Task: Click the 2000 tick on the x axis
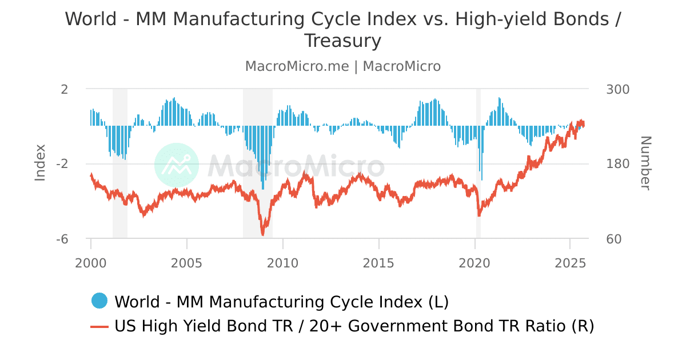click(91, 263)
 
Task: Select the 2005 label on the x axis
click(187, 263)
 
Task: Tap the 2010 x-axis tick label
click(283, 263)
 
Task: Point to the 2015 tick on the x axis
click(379, 263)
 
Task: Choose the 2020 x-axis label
click(475, 263)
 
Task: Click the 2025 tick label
click(571, 263)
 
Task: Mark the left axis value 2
click(64, 89)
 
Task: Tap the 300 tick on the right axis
click(617, 89)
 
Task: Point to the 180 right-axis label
click(617, 164)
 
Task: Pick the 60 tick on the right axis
click(613, 239)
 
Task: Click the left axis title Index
click(40, 163)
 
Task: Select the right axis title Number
click(645, 163)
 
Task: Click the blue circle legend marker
click(99, 301)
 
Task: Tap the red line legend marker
click(99, 326)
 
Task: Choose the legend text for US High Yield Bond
click(354, 326)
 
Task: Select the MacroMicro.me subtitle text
click(297, 66)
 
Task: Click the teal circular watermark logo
click(177, 165)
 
